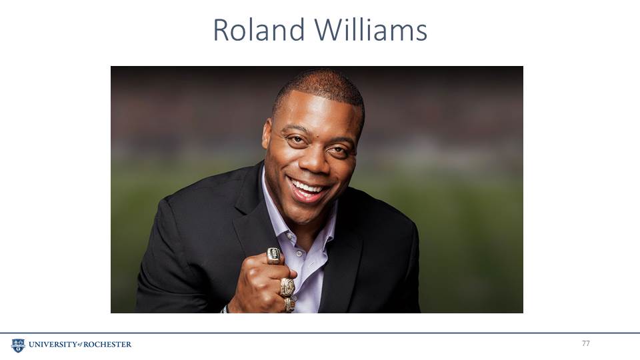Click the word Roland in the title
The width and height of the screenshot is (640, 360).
coord(259,30)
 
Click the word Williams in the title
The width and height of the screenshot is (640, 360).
coord(371,30)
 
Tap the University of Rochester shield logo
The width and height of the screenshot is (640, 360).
coord(18,345)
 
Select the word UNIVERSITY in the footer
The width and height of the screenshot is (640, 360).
coord(52,345)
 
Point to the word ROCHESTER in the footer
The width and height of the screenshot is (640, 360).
coord(107,345)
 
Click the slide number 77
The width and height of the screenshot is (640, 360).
coord(586,343)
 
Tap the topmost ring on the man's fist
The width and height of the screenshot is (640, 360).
coord(274,256)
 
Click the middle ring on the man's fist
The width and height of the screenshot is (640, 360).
coord(287,287)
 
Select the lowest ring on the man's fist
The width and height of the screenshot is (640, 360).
coord(289,305)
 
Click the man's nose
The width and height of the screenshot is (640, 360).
coord(313,160)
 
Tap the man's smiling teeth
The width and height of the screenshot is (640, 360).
coord(307,188)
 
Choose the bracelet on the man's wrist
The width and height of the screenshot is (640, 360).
coord(225,309)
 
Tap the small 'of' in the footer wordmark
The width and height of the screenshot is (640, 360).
coord(79,345)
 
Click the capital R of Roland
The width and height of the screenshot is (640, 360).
coord(221,31)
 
